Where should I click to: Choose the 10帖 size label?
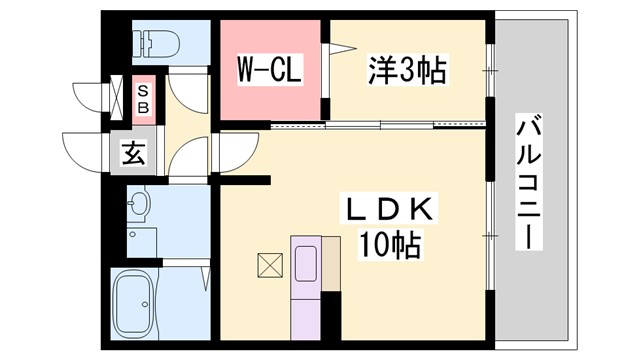[x=388, y=243]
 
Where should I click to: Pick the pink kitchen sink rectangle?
[x=306, y=262]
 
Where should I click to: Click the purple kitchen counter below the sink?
[x=306, y=314]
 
